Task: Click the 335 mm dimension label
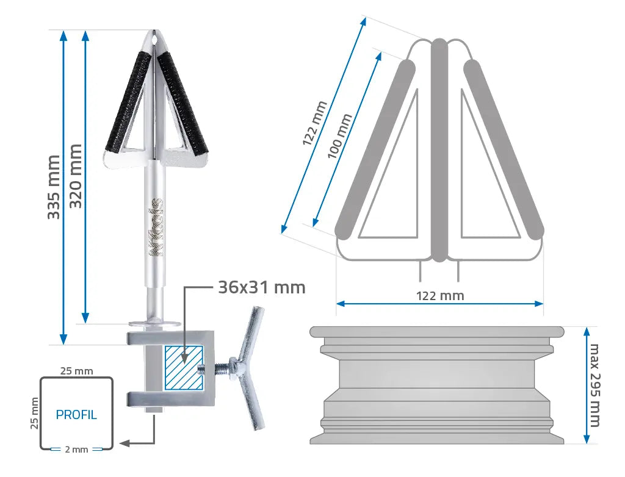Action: (54, 187)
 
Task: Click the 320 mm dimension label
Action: (75, 176)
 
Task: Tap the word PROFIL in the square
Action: (76, 415)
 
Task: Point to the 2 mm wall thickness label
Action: (76, 450)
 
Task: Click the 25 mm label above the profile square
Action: (76, 370)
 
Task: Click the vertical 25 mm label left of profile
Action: (35, 413)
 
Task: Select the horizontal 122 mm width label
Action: (439, 296)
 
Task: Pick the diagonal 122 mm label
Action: (315, 123)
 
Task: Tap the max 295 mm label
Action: (594, 385)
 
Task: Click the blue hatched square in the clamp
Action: (183, 367)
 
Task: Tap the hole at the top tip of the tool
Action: (154, 39)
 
